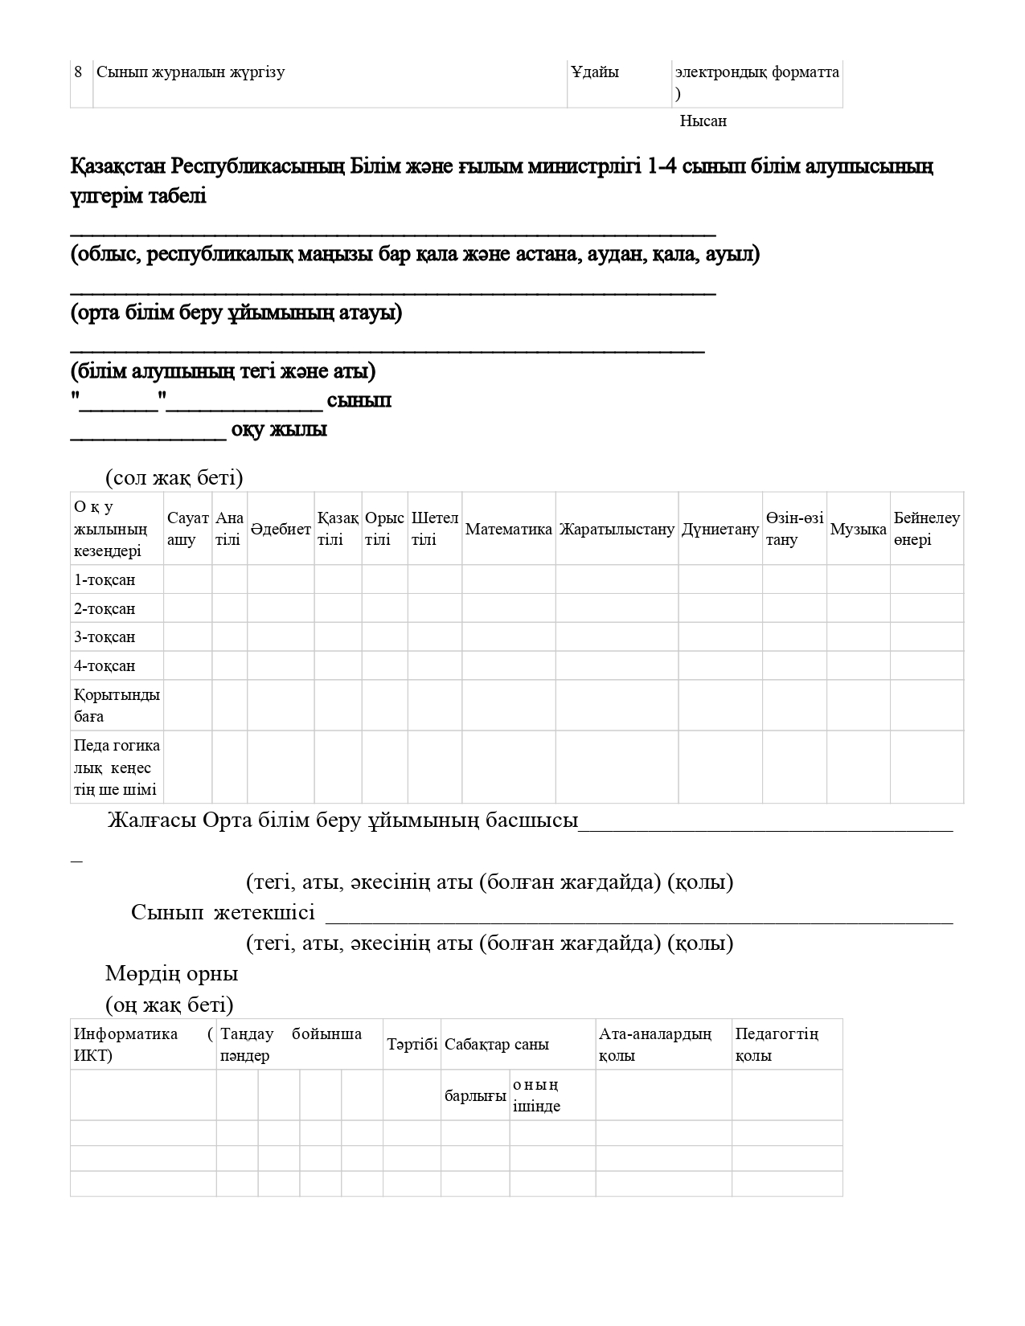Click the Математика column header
508,529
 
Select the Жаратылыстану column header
617,529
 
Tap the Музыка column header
858,529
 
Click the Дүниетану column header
720,529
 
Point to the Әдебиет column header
281,529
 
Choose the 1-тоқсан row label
105,579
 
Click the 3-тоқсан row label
105,636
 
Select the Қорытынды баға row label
117,705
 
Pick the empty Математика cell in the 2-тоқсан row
508,608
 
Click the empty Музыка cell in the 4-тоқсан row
858,665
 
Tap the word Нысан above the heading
703,121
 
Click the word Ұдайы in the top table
595,72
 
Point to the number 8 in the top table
78,72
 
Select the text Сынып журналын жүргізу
191,72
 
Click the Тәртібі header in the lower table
412,1045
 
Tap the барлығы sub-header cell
475,1095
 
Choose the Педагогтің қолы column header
777,1045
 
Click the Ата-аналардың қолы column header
654,1045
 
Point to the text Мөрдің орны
172,973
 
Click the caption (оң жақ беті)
170,1005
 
